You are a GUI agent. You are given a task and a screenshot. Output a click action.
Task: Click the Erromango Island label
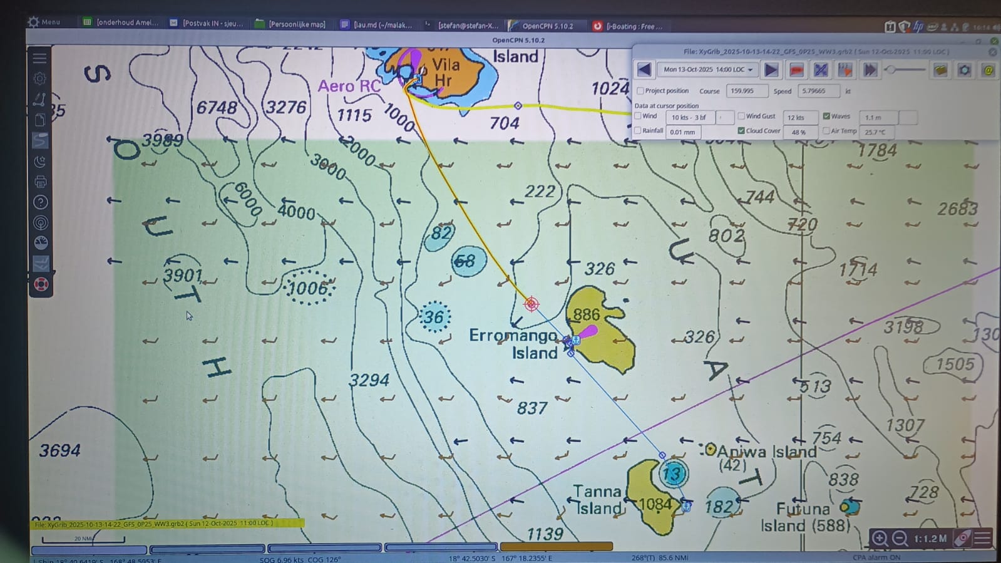click(513, 344)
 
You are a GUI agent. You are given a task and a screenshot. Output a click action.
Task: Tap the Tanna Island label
click(598, 499)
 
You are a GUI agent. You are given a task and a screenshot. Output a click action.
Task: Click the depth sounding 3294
click(369, 380)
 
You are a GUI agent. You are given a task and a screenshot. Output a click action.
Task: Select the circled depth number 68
click(465, 261)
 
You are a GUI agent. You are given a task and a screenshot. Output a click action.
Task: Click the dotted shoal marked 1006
click(308, 288)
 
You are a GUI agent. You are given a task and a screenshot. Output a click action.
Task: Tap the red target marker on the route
click(531, 304)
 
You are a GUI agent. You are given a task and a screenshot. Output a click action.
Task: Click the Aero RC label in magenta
click(349, 86)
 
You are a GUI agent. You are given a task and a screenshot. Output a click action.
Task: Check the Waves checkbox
click(826, 116)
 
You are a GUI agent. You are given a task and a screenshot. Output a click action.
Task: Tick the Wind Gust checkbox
click(741, 116)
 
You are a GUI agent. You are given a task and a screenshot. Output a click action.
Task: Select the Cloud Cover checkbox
click(741, 131)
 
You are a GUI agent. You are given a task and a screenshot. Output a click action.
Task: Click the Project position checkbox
click(640, 91)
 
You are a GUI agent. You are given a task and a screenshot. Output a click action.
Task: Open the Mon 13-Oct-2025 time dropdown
click(708, 70)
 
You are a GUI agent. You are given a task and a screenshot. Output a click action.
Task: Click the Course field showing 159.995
click(746, 91)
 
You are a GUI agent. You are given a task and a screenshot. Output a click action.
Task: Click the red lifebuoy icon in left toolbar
click(41, 285)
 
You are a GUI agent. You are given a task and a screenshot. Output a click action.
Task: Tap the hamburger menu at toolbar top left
click(39, 58)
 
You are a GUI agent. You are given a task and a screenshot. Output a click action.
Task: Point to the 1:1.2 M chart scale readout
click(930, 539)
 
